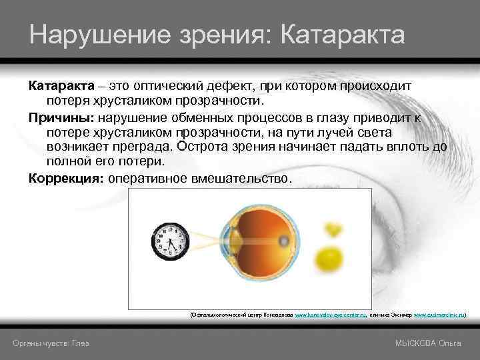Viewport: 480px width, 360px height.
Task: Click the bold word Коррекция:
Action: click(x=65, y=179)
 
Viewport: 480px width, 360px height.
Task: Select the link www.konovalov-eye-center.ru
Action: click(x=331, y=312)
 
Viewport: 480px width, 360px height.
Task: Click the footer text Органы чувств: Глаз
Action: click(x=51, y=343)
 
